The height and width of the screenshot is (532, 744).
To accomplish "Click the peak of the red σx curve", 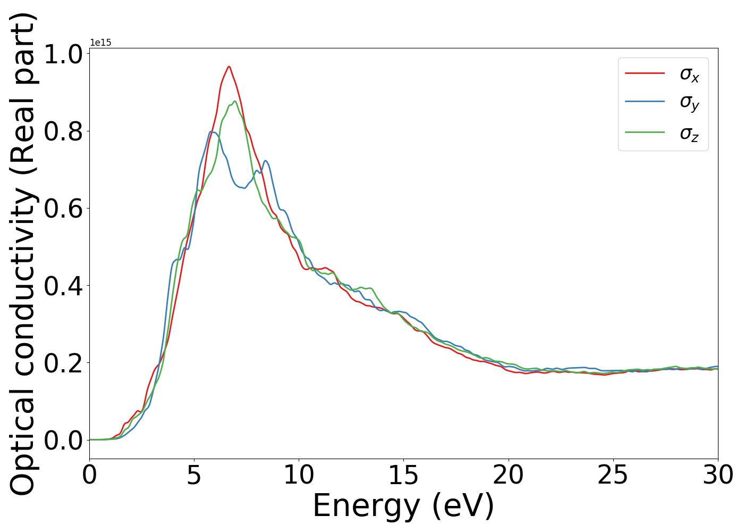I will pos(229,66).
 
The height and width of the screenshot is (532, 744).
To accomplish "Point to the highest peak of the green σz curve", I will pos(235,101).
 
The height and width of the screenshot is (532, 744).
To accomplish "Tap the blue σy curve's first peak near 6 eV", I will pos(212,131).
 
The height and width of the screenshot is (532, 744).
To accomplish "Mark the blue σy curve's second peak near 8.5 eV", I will pos(265,161).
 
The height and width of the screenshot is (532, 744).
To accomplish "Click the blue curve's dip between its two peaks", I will pos(244,188).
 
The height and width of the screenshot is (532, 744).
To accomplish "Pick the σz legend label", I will pos(689,132).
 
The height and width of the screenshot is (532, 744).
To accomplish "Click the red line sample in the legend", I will pos(645,73).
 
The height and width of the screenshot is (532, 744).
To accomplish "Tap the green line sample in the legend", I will pos(645,132).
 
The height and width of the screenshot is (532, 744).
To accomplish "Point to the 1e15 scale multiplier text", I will pos(100,43).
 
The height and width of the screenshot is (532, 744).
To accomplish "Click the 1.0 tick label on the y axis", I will pos(62,54).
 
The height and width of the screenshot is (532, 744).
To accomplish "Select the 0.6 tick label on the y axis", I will pos(62,209).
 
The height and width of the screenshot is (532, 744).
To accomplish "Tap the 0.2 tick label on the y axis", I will pos(62,363).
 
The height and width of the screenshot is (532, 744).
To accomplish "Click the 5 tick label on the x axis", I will pos(194,475).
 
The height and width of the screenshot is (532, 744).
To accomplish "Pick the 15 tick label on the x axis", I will pos(403,475).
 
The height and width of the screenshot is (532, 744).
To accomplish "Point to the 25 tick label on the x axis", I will pos(613,475).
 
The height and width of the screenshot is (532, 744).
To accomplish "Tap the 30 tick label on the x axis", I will pos(717,475).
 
